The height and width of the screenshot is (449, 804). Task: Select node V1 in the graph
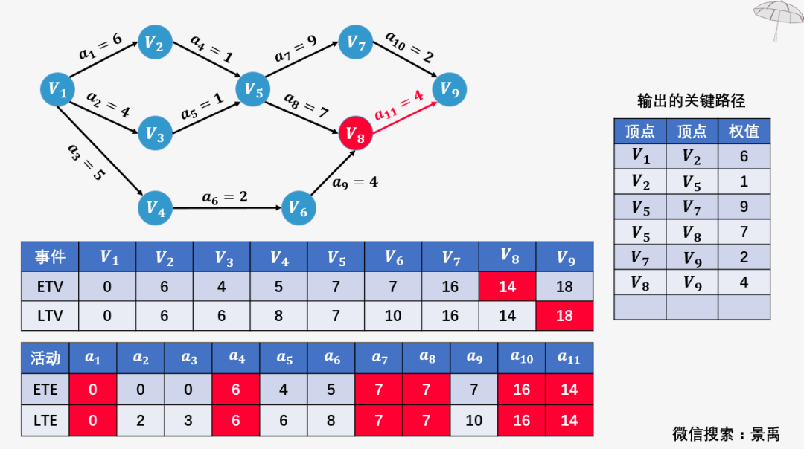(57, 90)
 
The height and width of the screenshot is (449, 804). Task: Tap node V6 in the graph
(299, 208)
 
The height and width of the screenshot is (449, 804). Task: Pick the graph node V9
(449, 89)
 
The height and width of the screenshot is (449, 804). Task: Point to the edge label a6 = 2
(225, 197)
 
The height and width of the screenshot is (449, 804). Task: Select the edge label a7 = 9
(296, 48)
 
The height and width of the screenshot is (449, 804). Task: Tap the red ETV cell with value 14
(508, 286)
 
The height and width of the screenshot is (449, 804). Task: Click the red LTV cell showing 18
(564, 315)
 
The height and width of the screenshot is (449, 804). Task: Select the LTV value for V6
(393, 315)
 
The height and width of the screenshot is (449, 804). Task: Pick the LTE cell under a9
(473, 420)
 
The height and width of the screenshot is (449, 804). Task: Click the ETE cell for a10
(521, 389)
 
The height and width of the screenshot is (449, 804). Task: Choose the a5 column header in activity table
(284, 358)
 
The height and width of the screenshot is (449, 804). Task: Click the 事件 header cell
(51, 256)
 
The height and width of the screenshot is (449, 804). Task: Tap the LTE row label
(45, 420)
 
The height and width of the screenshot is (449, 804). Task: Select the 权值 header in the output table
(744, 131)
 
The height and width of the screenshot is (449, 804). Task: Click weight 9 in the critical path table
(744, 207)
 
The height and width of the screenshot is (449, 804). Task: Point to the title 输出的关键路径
(691, 101)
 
